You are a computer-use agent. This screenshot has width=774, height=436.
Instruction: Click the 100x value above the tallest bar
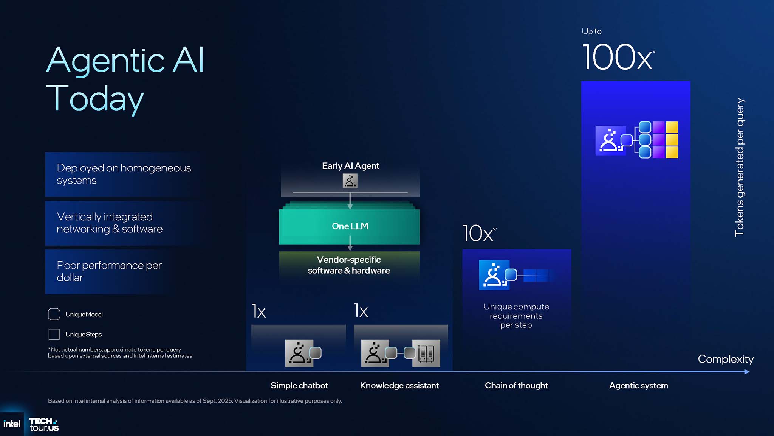click(x=618, y=58)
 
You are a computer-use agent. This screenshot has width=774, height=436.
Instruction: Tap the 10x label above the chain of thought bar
click(x=478, y=233)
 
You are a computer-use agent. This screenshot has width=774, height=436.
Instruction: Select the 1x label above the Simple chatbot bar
click(x=259, y=311)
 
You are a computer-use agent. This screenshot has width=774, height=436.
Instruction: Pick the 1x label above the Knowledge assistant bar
click(x=361, y=311)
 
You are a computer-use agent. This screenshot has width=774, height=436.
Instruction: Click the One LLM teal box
click(x=350, y=226)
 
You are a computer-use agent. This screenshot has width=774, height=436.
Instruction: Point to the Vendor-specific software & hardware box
click(x=349, y=265)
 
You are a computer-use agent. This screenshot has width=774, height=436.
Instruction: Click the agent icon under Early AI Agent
click(x=350, y=181)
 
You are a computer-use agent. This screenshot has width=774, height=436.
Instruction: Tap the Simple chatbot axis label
click(x=299, y=385)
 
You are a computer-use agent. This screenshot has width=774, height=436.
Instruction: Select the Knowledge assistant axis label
click(x=399, y=385)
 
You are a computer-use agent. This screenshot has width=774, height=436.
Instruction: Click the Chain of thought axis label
click(x=516, y=385)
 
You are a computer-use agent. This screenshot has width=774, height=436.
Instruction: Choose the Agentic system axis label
click(x=638, y=385)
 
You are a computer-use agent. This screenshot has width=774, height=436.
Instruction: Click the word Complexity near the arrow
click(x=725, y=359)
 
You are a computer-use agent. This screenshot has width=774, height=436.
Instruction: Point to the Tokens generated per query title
click(x=739, y=167)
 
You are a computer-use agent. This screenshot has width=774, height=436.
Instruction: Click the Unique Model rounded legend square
click(x=54, y=314)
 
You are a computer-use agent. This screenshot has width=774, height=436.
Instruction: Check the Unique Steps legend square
click(x=54, y=334)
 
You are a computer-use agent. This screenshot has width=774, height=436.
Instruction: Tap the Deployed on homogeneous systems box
click(x=124, y=174)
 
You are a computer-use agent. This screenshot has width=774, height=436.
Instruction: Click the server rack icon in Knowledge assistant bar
click(x=426, y=353)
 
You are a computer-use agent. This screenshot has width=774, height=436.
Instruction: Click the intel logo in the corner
click(x=12, y=424)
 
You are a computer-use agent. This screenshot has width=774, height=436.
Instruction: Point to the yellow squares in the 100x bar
click(x=672, y=140)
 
